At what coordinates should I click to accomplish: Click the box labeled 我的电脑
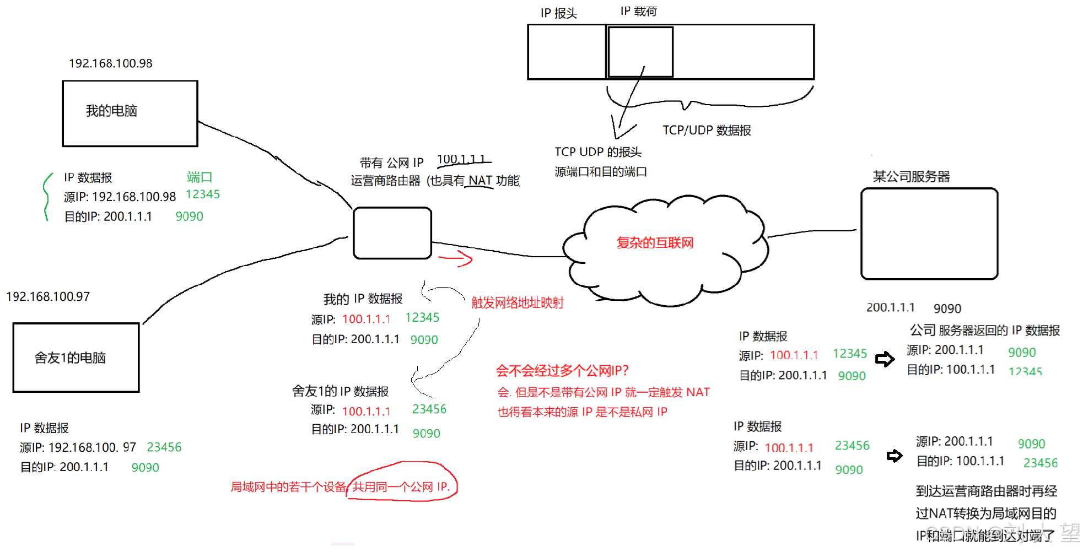[130, 113]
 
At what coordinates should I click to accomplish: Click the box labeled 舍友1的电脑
[76, 358]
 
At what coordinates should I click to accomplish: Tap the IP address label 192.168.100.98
[111, 63]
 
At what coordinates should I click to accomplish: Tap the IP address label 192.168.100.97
[48, 296]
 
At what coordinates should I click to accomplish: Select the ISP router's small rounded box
[392, 233]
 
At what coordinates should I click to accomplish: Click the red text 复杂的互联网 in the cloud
[655, 243]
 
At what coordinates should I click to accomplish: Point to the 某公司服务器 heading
[911, 177]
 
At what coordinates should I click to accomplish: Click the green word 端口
[200, 177]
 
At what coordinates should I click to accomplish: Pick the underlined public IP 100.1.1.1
[462, 159]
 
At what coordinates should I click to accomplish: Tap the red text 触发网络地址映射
[517, 302]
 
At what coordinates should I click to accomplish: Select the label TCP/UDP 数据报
[707, 131]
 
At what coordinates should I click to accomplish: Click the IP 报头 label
[558, 13]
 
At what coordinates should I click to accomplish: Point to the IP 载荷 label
[638, 12]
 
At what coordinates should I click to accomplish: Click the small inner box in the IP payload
[640, 52]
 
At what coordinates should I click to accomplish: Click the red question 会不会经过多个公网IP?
[562, 371]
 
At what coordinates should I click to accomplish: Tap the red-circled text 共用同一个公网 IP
[401, 487]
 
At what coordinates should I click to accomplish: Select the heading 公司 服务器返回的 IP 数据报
[984, 331]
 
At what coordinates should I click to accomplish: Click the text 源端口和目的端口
[601, 172]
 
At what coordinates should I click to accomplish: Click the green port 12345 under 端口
[203, 194]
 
